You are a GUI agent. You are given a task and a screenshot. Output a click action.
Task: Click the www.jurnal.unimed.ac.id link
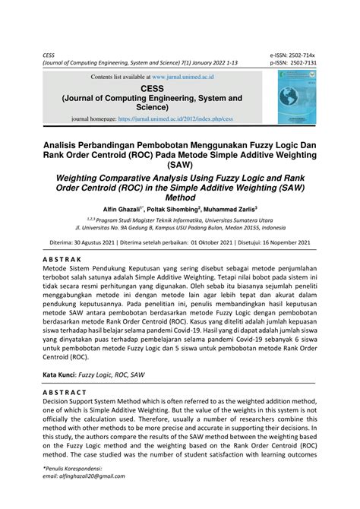click(184, 77)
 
